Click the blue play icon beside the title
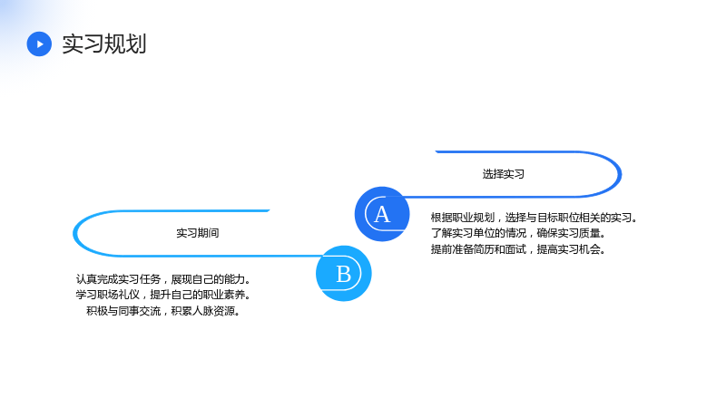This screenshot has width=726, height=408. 39,44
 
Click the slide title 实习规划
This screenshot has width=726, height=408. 104,44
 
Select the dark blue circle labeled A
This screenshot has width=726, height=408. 382,214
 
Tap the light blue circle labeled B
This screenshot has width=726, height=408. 344,274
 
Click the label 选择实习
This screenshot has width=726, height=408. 504,174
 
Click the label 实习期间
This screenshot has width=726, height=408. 198,233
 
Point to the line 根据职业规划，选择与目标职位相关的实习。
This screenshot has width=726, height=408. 535,218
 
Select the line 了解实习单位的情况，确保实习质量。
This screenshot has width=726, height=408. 518,233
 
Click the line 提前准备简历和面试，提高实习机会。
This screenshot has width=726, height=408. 518,249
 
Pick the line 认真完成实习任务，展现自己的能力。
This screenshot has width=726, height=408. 164,279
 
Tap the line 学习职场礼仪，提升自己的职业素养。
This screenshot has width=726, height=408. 164,295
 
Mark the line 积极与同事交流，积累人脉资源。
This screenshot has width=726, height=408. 164,311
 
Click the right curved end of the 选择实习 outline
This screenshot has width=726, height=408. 620,174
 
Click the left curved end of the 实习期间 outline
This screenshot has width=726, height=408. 74,233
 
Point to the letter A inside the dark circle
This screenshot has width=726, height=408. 382,215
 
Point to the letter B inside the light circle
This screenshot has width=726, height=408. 344,275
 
